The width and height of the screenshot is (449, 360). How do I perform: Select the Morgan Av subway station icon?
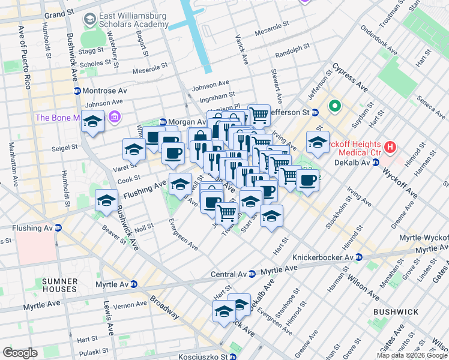click(x=161, y=122)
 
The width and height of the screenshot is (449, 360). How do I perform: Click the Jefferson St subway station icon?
click(x=315, y=112)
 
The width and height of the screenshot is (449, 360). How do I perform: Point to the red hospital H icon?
click(x=390, y=146)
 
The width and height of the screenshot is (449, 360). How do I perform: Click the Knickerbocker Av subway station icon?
click(x=358, y=257)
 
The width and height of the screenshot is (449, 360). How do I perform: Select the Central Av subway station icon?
click(x=252, y=274)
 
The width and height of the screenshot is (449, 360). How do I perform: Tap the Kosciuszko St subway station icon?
click(x=232, y=356)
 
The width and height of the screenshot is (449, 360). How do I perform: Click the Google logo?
click(x=20, y=353)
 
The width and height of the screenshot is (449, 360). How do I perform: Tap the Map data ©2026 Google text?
click(x=412, y=355)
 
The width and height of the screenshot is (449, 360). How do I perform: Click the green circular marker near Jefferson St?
click(x=334, y=108)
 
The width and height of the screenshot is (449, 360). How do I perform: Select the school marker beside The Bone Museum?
click(x=92, y=122)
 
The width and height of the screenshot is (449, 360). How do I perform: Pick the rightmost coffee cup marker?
click(x=308, y=181)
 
